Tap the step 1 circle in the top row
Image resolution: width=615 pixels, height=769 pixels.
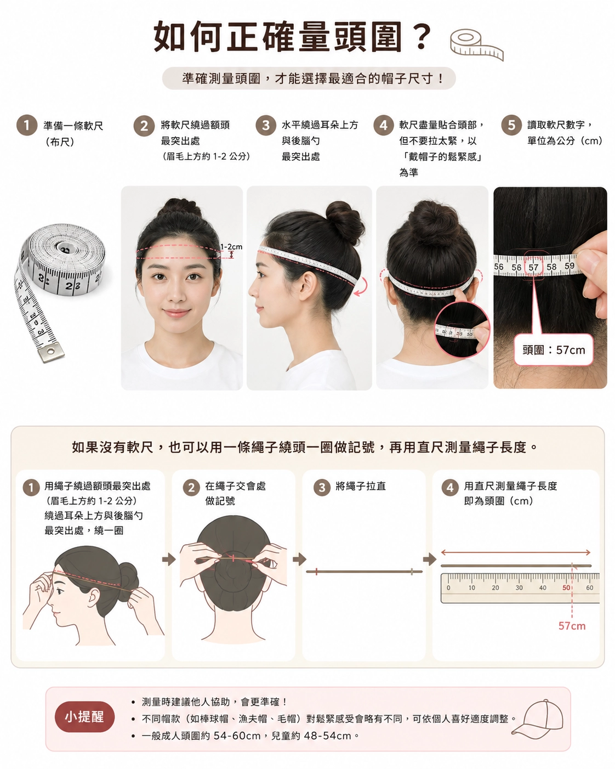coord(27,125)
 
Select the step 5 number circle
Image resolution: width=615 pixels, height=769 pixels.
coord(511,125)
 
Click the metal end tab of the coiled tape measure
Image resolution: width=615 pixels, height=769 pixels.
coord(52,352)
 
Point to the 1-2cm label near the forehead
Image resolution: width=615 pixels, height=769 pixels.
coord(231,247)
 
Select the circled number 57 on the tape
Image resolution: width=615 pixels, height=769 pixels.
coord(533,267)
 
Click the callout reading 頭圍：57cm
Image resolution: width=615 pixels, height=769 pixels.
coord(554,349)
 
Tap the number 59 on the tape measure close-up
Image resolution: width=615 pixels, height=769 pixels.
coord(570,266)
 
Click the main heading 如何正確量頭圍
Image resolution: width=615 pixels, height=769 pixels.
coord(278,37)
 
